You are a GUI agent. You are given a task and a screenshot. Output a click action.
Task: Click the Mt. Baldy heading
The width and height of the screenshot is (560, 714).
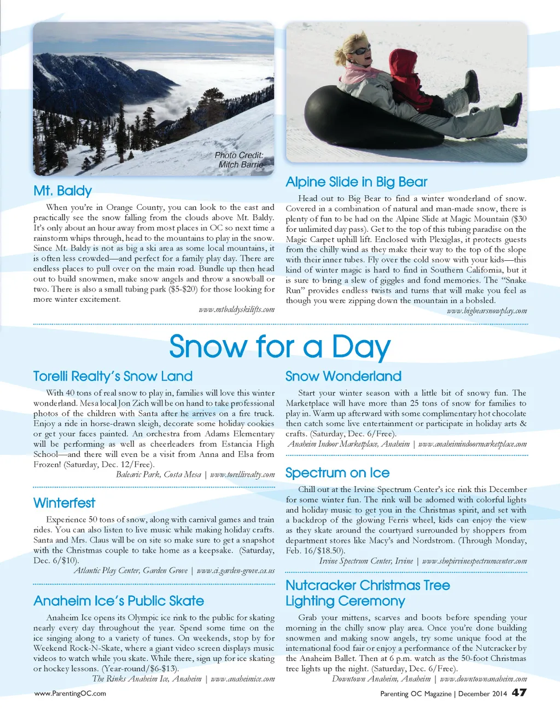[62, 191]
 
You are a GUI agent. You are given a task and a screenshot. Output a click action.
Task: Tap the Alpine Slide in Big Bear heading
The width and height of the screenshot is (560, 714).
[356, 182]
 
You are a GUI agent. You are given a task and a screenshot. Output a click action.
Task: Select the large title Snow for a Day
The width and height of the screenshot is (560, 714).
[279, 347]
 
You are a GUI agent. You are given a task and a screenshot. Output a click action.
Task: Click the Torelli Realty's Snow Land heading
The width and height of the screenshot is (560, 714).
[113, 376]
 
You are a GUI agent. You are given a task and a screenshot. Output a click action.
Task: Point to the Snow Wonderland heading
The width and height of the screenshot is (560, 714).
[343, 376]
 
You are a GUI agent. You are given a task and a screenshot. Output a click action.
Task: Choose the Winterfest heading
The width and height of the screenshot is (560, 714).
[64, 503]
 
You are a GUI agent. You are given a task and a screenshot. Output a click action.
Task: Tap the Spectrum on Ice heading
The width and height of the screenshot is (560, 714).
[337, 473]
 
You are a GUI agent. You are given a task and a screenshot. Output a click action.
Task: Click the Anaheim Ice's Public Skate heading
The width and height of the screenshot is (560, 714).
[118, 601]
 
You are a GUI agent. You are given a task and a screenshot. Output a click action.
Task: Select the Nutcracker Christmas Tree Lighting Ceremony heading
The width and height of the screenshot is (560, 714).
[367, 593]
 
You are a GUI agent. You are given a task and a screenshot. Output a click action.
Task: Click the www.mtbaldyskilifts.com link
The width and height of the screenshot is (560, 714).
[237, 309]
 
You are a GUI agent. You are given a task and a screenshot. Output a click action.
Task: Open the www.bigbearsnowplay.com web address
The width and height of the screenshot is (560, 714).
[487, 311]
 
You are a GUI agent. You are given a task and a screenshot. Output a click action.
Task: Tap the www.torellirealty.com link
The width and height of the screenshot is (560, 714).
[242, 475]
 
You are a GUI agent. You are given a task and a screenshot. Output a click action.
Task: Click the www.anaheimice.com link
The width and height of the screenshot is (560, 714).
[242, 679]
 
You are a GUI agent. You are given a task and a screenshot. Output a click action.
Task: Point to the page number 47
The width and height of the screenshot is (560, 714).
[519, 692]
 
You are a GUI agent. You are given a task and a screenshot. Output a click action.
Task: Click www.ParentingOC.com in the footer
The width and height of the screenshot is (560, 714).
[70, 693]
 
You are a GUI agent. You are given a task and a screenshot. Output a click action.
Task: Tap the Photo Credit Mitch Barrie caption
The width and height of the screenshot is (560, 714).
[240, 160]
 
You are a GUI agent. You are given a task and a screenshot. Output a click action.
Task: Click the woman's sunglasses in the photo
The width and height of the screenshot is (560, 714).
[361, 51]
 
